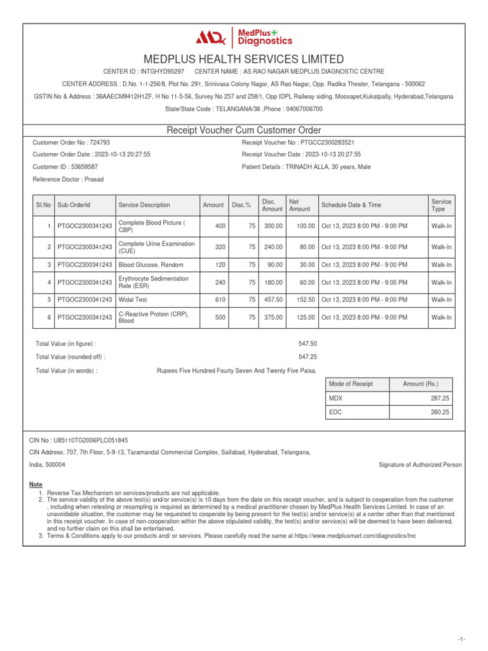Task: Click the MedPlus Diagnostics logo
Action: [244, 38]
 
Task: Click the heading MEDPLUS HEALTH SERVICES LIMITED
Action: [244, 59]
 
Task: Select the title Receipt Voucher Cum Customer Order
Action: [244, 130]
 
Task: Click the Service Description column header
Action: [144, 205]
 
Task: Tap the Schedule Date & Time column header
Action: [351, 205]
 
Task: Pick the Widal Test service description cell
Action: [134, 299]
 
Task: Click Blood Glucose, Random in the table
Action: [147, 264]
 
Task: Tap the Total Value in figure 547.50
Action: [308, 343]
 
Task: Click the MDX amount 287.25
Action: [440, 397]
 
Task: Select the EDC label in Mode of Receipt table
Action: [335, 412]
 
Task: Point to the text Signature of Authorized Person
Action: [420, 465]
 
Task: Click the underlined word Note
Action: [36, 484]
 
